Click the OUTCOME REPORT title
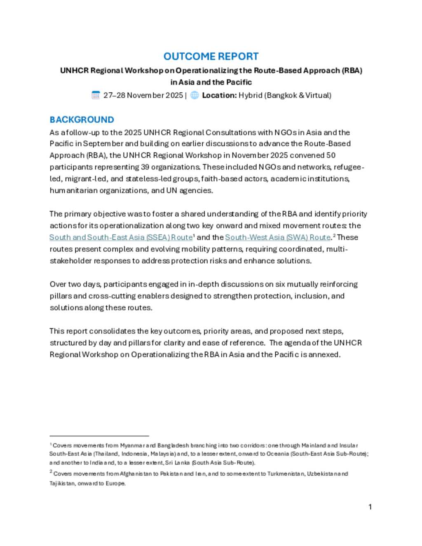(211, 56)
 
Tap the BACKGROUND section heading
(82, 120)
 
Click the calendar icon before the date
(96, 95)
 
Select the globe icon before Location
(195, 95)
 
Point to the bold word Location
(219, 95)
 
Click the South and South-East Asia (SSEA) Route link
(121, 237)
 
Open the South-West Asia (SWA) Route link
(278, 237)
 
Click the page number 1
(370, 507)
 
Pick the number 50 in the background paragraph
(331, 155)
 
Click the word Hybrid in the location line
(250, 95)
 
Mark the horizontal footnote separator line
(99, 436)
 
